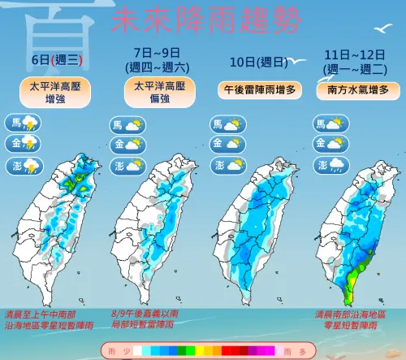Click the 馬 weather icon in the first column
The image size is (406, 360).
pos(24,124)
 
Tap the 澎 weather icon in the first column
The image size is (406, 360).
pos(24,165)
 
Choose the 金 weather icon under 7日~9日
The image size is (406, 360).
pos(127,145)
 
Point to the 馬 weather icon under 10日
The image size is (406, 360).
pos(228,124)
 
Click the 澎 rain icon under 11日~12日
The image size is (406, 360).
pos(331,165)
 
